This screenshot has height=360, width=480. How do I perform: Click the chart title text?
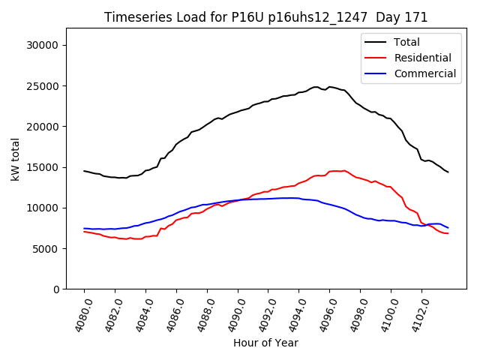click(x=265, y=17)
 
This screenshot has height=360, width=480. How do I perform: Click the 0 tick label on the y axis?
click(x=56, y=289)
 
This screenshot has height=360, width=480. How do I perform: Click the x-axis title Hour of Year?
click(x=265, y=343)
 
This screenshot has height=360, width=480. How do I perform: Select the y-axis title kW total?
click(x=16, y=159)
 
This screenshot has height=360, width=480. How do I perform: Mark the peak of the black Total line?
click(x=316, y=87)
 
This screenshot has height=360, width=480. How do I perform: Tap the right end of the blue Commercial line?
click(x=448, y=227)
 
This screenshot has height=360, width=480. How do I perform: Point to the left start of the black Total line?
click(x=84, y=171)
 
